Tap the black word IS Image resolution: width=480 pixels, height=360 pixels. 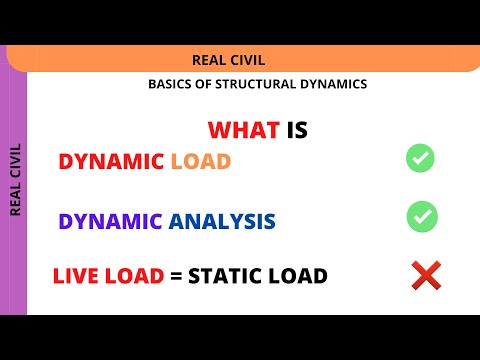[297, 130]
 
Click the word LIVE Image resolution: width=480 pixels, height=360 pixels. [78, 276]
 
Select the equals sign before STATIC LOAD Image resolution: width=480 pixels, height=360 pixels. [177, 276]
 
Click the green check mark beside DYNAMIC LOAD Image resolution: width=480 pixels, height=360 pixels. [420, 158]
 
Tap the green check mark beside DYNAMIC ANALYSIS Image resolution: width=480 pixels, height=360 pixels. [421, 215]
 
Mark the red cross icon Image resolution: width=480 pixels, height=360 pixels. [426, 275]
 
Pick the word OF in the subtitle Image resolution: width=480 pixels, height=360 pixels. [203, 84]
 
